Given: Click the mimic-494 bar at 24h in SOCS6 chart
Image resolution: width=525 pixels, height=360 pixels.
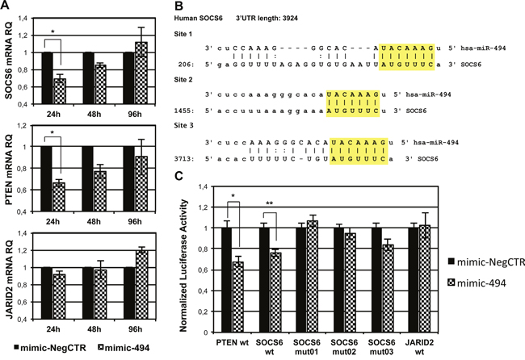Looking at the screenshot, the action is tap(60, 91).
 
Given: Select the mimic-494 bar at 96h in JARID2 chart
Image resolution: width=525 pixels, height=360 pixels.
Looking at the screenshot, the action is tap(141, 285).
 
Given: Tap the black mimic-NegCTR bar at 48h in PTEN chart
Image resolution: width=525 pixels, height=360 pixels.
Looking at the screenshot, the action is tap(88, 178).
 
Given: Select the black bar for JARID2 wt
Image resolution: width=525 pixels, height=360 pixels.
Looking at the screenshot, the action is tap(414, 280).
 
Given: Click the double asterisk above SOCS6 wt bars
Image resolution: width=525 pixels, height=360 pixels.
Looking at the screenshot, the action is tap(270, 203).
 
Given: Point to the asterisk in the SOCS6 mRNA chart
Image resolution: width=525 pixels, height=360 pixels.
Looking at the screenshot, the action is tap(52, 32).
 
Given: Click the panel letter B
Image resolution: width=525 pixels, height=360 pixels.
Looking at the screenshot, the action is tap(178, 6).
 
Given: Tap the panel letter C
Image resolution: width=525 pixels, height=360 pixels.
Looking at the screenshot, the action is tap(179, 176).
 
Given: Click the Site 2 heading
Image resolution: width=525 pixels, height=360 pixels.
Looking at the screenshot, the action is tap(183, 80).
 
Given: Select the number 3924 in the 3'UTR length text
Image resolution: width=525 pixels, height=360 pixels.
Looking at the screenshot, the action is tap(290, 18).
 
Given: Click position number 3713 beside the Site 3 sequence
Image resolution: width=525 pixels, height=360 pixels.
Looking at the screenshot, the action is tap(184, 158).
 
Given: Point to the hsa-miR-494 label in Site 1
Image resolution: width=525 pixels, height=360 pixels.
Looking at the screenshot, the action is tap(483, 48).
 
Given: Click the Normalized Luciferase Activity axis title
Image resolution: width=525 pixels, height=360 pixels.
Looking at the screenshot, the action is tap(183, 266).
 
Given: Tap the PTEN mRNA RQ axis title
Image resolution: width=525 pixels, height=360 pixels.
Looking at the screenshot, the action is tap(8, 170).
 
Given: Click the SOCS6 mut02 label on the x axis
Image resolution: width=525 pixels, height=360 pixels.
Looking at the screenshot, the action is tap(344, 347).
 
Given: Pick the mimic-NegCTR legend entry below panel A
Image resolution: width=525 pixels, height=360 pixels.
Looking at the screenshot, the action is tap(50, 348).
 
